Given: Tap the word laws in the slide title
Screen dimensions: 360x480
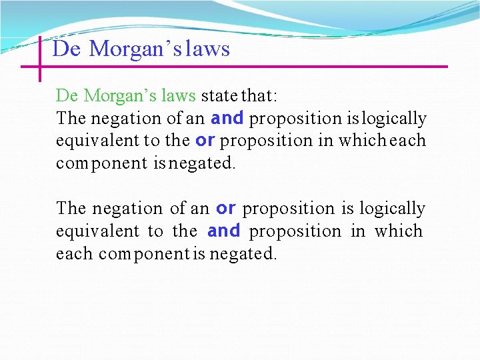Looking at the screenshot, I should [x=208, y=49].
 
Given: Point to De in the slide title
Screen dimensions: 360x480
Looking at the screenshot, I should [x=66, y=49].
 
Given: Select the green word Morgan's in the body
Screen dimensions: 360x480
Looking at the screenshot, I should [x=113, y=96].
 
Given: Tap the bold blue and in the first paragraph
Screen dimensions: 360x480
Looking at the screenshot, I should [x=227, y=118].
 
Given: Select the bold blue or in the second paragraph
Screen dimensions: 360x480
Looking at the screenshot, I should [x=226, y=208].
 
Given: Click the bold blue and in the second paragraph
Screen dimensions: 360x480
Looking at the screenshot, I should [x=223, y=231].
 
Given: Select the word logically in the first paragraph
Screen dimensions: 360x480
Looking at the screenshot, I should [x=394, y=119].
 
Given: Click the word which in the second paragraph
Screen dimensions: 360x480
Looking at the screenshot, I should [x=398, y=231].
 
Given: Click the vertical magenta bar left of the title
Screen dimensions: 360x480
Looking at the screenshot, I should [x=40, y=59].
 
